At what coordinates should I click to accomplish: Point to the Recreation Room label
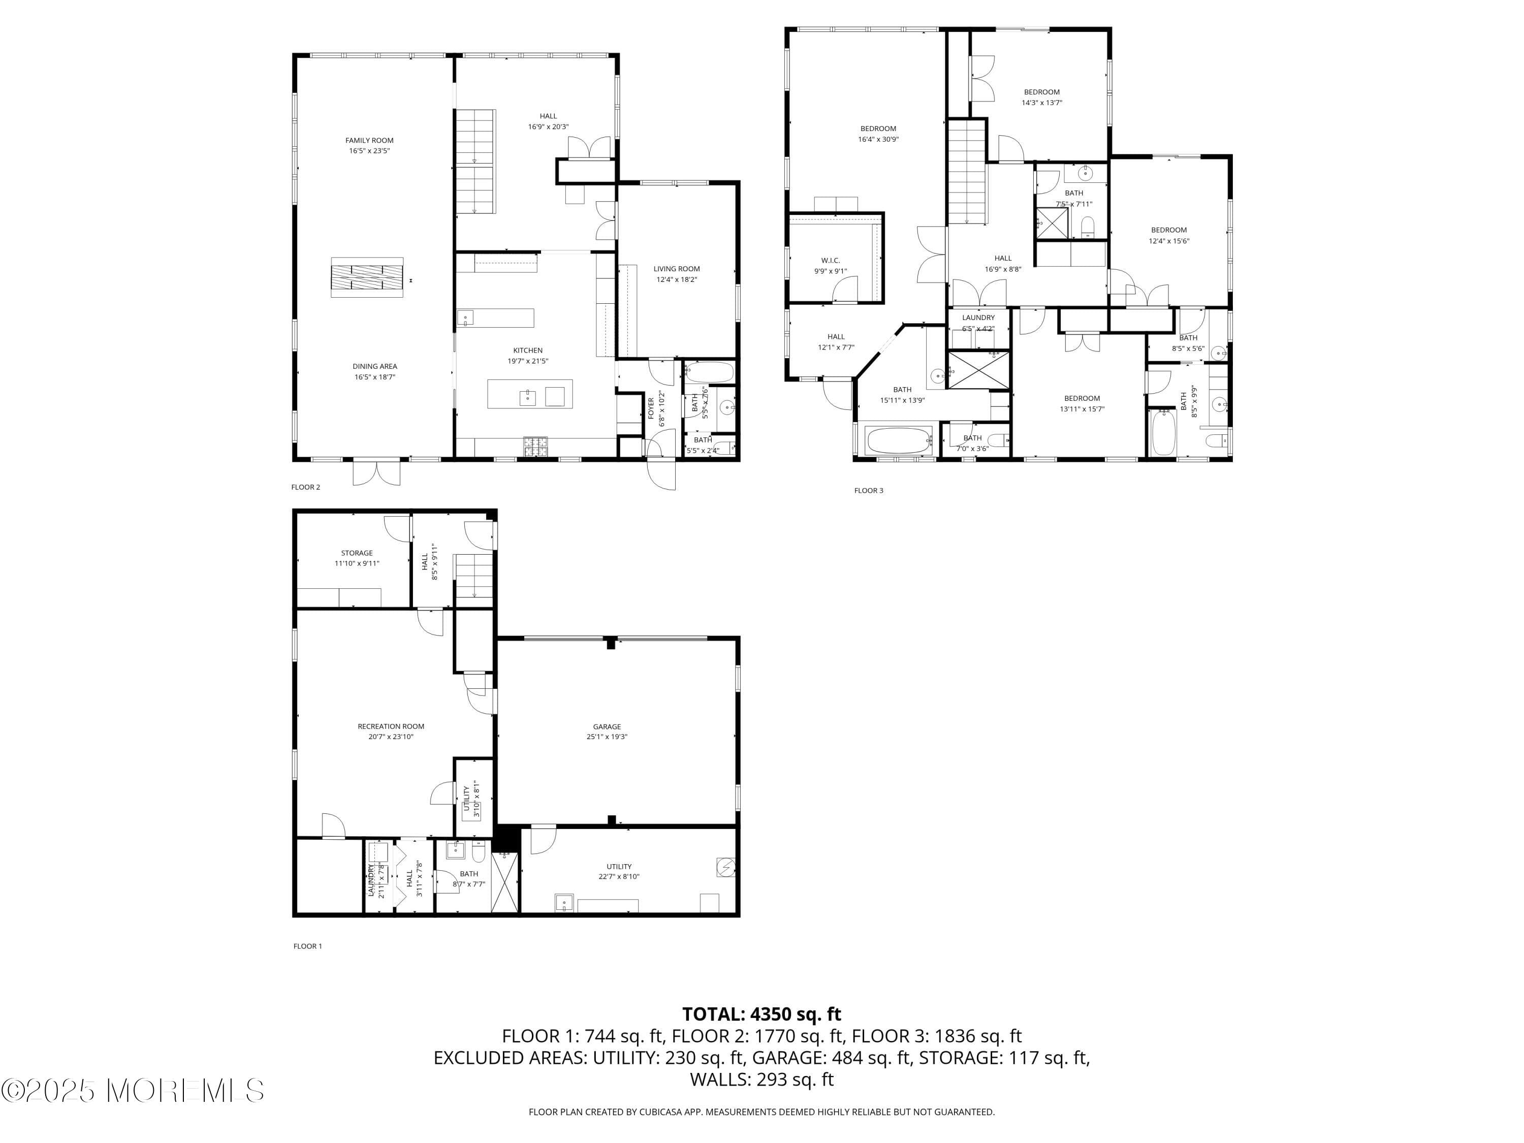click(x=391, y=726)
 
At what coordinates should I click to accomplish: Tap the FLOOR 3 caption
click(x=868, y=491)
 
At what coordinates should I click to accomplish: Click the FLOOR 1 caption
click(x=307, y=946)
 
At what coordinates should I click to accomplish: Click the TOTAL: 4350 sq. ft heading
click(x=761, y=1014)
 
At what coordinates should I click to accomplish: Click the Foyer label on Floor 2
click(x=651, y=408)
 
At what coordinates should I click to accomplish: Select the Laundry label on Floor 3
click(x=978, y=317)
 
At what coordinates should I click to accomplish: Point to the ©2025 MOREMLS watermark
click(x=132, y=1091)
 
